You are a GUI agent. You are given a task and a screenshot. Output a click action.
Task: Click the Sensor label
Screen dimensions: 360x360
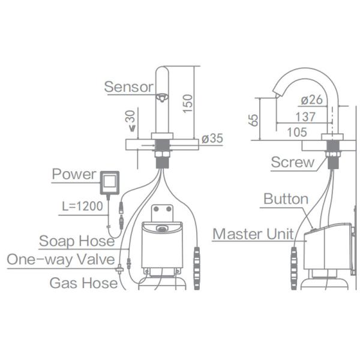[x=128, y=86]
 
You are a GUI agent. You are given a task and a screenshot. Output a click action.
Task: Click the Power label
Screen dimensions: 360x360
[x=74, y=174]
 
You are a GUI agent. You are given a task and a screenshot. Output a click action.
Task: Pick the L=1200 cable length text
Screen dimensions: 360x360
[x=84, y=206]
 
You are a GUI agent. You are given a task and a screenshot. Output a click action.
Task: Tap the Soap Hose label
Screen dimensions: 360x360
[x=77, y=241]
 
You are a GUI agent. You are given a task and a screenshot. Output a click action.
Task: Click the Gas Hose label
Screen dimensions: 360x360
[x=83, y=283]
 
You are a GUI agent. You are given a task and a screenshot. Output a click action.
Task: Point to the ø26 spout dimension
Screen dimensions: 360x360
[x=312, y=99]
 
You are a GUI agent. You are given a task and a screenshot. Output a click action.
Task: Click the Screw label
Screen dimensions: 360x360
[x=292, y=162]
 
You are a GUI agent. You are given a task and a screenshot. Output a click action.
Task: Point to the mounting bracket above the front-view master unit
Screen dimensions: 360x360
[x=162, y=213]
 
